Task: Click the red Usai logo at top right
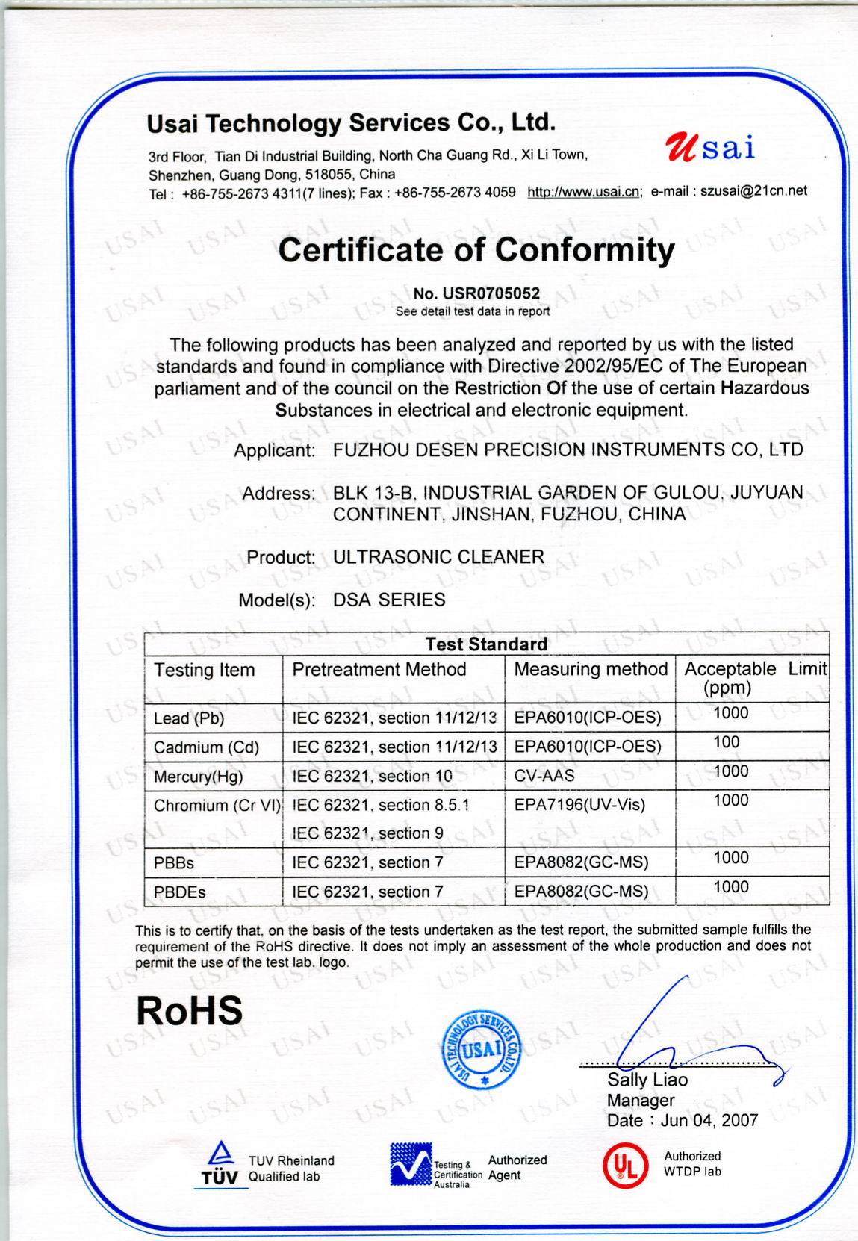click(x=709, y=147)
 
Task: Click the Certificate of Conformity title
click(x=476, y=250)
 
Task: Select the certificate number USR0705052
click(x=476, y=293)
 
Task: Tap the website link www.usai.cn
click(x=583, y=192)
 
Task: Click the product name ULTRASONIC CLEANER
click(x=438, y=557)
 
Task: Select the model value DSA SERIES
click(x=389, y=600)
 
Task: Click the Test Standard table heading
click(x=486, y=644)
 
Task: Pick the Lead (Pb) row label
click(x=189, y=718)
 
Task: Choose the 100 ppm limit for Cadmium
click(x=727, y=742)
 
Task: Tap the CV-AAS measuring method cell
click(x=544, y=776)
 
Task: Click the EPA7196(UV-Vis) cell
click(x=579, y=805)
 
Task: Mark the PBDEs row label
click(x=180, y=892)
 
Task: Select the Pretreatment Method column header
click(x=379, y=670)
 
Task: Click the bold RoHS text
click(x=190, y=1010)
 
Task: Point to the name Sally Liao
click(x=647, y=1080)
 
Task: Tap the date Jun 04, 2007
click(x=709, y=1120)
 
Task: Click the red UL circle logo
click(x=624, y=1166)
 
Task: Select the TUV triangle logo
click(x=219, y=1166)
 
